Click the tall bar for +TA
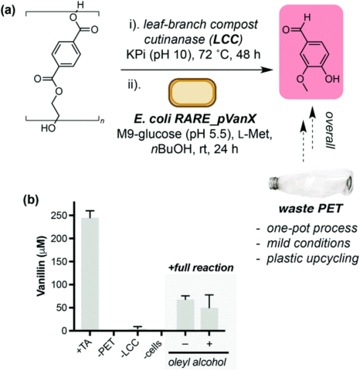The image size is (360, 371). click(90, 274)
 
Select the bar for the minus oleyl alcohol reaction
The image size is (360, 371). click(185, 315)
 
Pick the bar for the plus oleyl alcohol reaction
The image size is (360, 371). click(209, 319)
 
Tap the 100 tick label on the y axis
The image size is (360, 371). click(59, 284)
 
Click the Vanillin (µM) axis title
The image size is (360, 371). click(41, 266)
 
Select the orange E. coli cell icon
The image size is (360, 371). click(192, 93)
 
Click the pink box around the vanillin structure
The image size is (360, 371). click(311, 52)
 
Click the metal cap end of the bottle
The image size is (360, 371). click(273, 184)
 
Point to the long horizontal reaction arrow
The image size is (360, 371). click(197, 70)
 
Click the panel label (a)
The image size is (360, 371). click(8, 10)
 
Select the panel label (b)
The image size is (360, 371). click(31, 200)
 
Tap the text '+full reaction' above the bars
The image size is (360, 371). click(201, 267)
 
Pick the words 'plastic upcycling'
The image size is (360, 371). click(312, 258)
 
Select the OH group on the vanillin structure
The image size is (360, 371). click(332, 79)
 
